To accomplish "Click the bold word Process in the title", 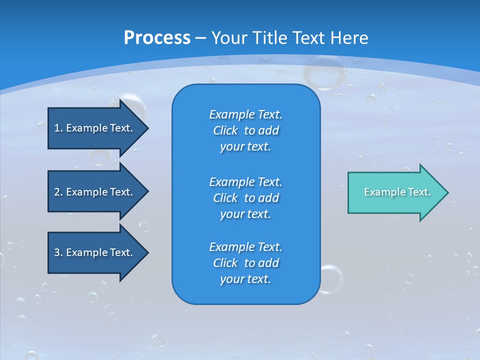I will pos(157,38).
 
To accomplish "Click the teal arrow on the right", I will pos(395,192).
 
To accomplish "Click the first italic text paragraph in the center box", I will pos(245,130).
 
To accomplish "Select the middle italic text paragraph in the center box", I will pos(245,197).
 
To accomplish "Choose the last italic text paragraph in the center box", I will pos(245,263).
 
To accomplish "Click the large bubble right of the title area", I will pos(324,71).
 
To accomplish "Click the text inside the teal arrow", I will pos(397,192).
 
